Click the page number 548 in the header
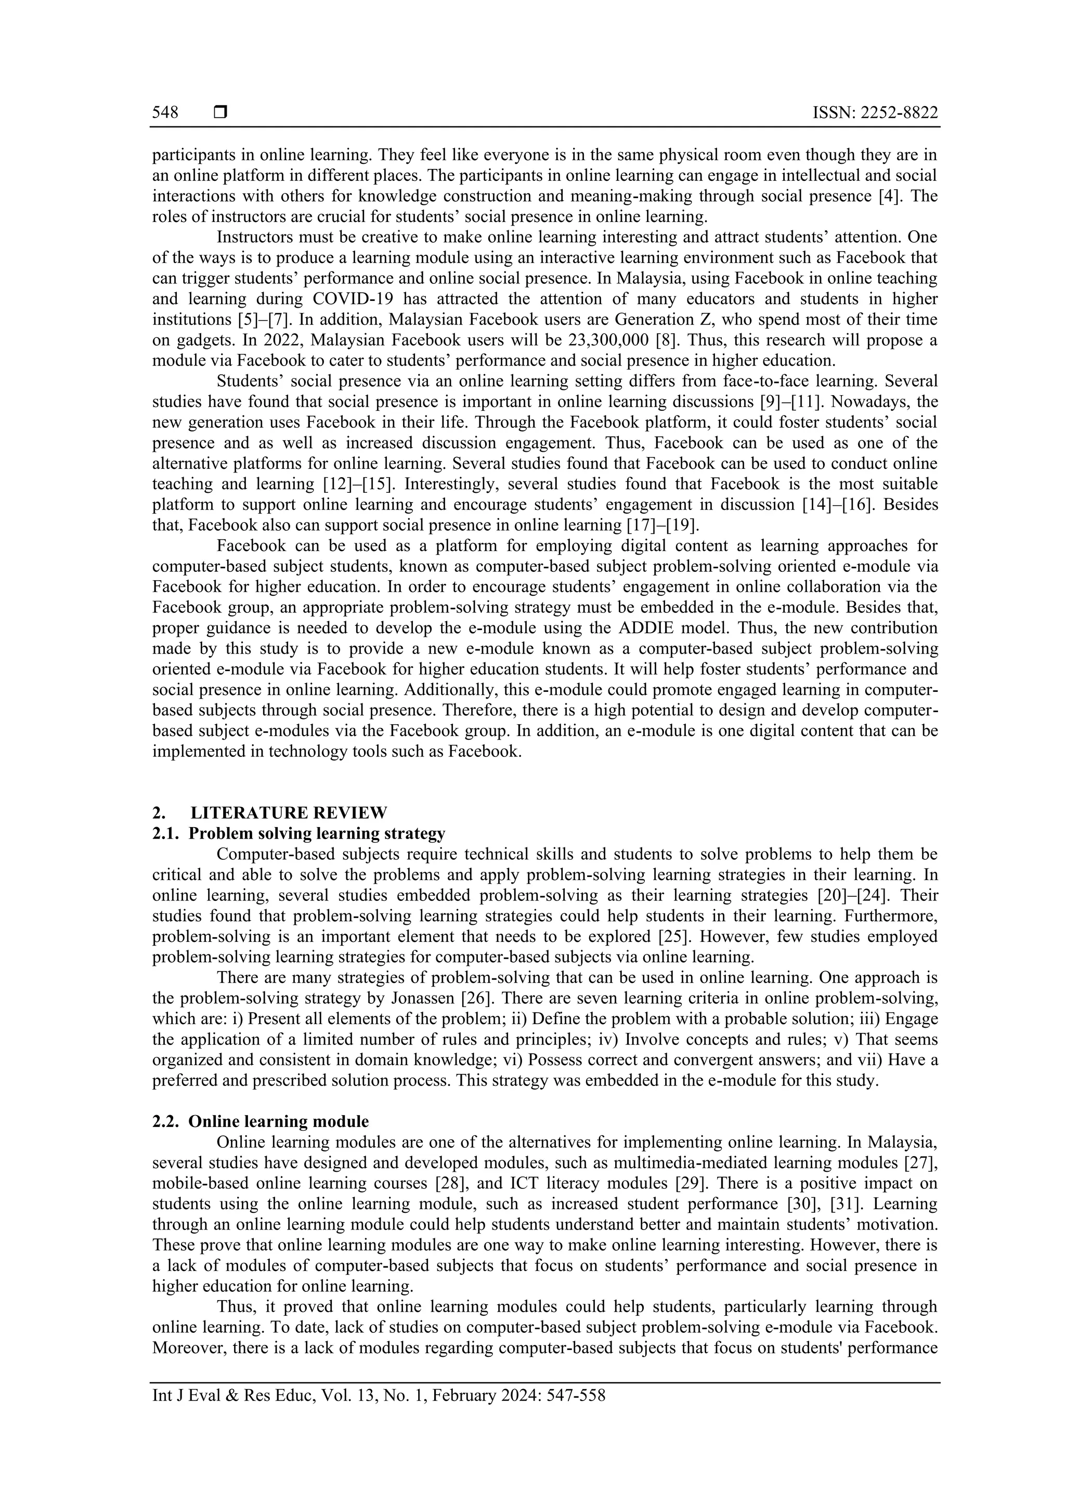pos(165,113)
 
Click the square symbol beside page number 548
pos(220,113)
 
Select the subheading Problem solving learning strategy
pos(316,834)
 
